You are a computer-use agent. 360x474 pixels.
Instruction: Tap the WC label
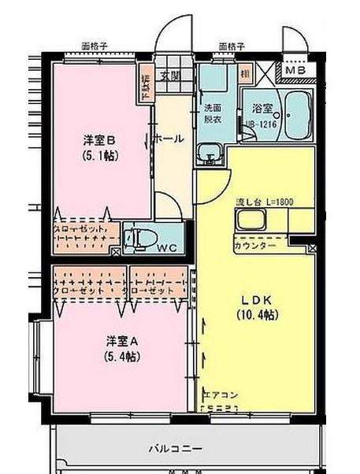[x=166, y=247]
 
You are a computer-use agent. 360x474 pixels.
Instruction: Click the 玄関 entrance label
[x=169, y=76]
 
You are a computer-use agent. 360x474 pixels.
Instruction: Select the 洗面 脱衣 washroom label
[x=213, y=113]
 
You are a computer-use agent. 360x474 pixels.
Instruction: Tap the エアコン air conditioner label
[x=220, y=394]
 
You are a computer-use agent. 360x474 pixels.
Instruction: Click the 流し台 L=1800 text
[x=265, y=202]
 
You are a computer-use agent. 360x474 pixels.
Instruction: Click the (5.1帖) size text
[x=100, y=156]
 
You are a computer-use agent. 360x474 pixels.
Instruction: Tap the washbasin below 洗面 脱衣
[x=210, y=152]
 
